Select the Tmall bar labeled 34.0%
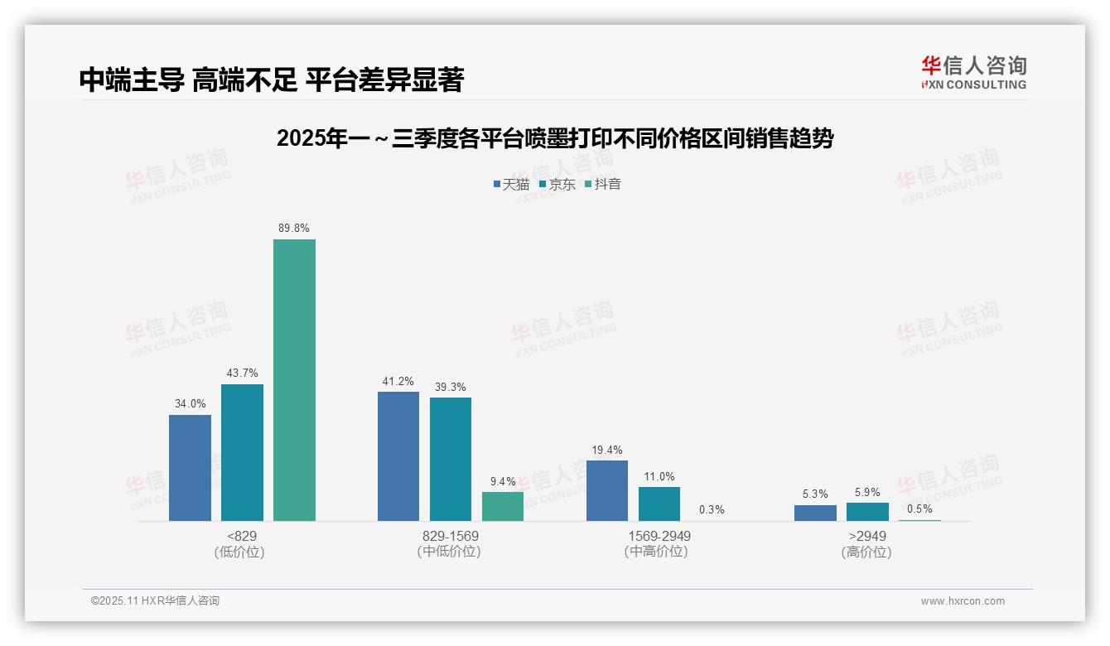coord(190,467)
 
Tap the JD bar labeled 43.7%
coord(242,452)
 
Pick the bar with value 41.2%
coord(398,456)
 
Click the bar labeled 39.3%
coord(451,459)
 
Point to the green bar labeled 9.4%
coord(503,506)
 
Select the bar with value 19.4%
coord(607,490)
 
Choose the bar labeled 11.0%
coord(659,504)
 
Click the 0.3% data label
coord(712,509)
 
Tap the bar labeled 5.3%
coord(815,513)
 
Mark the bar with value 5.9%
coord(867,512)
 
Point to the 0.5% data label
coord(919,509)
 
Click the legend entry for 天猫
coord(511,184)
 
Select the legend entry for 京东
coord(557,184)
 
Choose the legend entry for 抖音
coord(603,184)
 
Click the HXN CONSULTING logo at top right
coord(973,72)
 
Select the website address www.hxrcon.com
coord(963,601)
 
